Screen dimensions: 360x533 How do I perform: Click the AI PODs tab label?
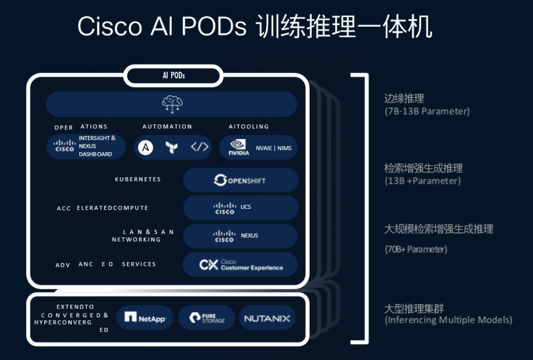pyautogui.click(x=174, y=76)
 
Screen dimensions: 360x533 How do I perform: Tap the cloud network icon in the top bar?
pyautogui.click(x=172, y=104)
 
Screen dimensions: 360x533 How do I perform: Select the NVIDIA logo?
pyautogui.click(x=238, y=147)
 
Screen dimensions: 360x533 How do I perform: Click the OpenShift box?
pyautogui.click(x=240, y=180)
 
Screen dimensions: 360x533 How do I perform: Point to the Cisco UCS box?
pyautogui.click(x=240, y=207)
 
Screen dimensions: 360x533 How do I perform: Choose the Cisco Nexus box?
pyautogui.click(x=240, y=236)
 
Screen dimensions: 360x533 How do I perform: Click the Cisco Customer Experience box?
pyautogui.click(x=240, y=265)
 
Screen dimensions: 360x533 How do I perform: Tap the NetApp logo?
pyautogui.click(x=145, y=317)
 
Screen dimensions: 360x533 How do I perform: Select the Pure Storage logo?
pyautogui.click(x=207, y=318)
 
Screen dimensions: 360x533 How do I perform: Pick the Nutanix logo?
pyautogui.click(x=267, y=318)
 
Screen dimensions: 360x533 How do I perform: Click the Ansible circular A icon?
pyautogui.click(x=146, y=147)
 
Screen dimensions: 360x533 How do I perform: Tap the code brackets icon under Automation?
pyautogui.click(x=199, y=147)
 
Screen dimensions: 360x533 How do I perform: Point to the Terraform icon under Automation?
pyautogui.click(x=171, y=147)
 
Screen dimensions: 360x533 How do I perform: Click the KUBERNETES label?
pyautogui.click(x=138, y=179)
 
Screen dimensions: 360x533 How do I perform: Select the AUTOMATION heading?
pyautogui.click(x=167, y=127)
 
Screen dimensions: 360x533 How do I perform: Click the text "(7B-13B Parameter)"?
pyautogui.click(x=427, y=111)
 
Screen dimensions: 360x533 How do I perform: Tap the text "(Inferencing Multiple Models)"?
pyautogui.click(x=448, y=320)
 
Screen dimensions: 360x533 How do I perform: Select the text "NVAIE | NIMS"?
pyautogui.click(x=274, y=148)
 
